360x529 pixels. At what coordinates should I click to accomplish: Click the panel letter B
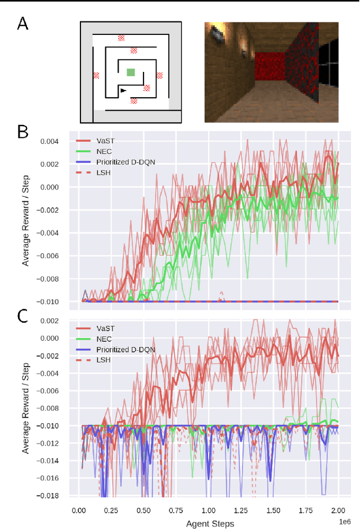coord(22,132)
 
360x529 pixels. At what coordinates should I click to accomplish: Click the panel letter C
coord(22,315)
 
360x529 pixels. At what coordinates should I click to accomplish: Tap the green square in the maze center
coord(131,72)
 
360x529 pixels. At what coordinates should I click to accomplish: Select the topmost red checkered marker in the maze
coord(121,38)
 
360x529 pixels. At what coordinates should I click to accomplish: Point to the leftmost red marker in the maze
coord(96,75)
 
